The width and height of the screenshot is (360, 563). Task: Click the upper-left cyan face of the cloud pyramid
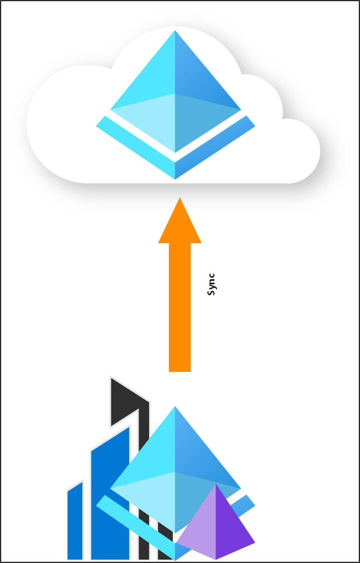(x=150, y=75)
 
